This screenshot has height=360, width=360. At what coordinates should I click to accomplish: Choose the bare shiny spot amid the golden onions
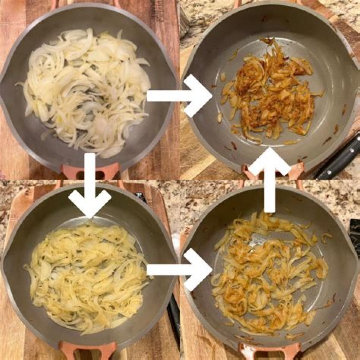tap(260, 240)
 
